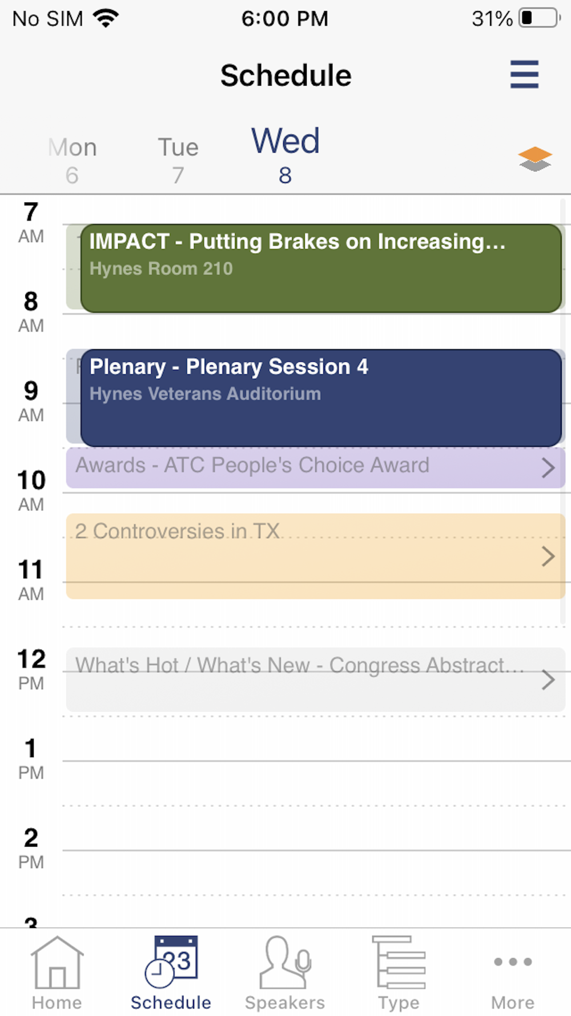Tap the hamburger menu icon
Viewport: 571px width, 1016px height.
[x=524, y=74]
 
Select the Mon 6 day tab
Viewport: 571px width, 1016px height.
[x=72, y=161]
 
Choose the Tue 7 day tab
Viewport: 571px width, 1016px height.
[x=178, y=161]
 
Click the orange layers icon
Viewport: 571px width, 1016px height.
[x=535, y=159]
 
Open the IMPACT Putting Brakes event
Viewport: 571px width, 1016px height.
[x=321, y=268]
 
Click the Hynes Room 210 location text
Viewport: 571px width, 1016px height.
[x=161, y=269]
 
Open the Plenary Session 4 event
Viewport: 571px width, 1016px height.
[x=321, y=398]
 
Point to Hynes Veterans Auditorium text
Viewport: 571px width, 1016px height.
[x=205, y=394]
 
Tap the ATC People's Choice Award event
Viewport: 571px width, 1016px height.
[x=315, y=467]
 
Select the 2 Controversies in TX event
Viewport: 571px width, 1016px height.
[x=315, y=556]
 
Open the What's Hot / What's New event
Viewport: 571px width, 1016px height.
[x=315, y=679]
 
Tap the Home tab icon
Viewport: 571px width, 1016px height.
[x=57, y=963]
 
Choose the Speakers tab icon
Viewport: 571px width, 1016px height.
[x=285, y=963]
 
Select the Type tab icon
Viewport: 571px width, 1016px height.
[x=399, y=963]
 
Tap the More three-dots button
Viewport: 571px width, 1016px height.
[x=513, y=962]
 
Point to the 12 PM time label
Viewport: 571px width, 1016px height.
[x=31, y=669]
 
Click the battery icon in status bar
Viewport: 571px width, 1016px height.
[x=540, y=18]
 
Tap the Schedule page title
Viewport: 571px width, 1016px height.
[x=286, y=75]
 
